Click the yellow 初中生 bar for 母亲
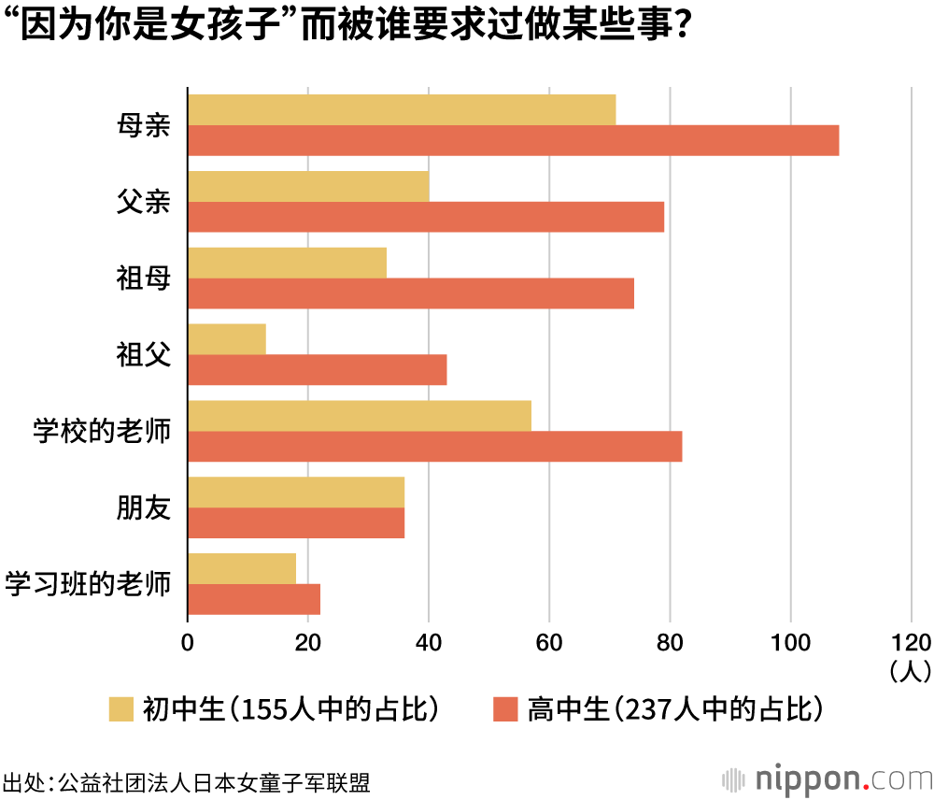point(402,109)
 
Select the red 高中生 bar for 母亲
point(513,140)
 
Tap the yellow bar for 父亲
point(308,186)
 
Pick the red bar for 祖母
point(411,293)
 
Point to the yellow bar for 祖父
point(227,338)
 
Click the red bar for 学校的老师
point(434,446)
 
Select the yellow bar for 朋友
point(296,492)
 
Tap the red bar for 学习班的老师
point(254,599)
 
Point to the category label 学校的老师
point(102,431)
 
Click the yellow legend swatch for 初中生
point(122,709)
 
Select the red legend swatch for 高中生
point(505,709)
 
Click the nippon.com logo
point(826,779)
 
